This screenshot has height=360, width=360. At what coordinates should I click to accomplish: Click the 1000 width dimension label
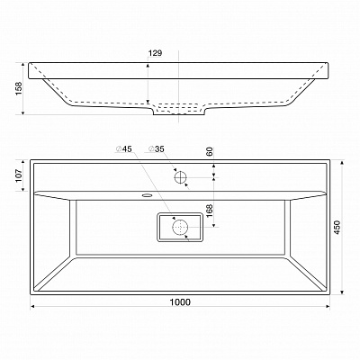point(180,301)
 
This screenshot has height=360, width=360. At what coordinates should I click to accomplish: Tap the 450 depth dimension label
point(337,228)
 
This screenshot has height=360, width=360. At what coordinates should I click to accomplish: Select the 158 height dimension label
point(19,88)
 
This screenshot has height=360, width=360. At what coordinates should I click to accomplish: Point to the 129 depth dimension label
point(155,53)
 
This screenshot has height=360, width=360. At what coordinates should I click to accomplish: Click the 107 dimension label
point(19,175)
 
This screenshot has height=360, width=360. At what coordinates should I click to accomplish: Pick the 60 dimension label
point(210,151)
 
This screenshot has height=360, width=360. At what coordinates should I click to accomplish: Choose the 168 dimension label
point(210,211)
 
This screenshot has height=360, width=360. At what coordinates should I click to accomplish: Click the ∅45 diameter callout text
point(124,148)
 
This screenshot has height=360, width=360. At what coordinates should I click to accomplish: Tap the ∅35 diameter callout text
point(157,148)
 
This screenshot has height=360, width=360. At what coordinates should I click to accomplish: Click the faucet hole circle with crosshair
point(181,177)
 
